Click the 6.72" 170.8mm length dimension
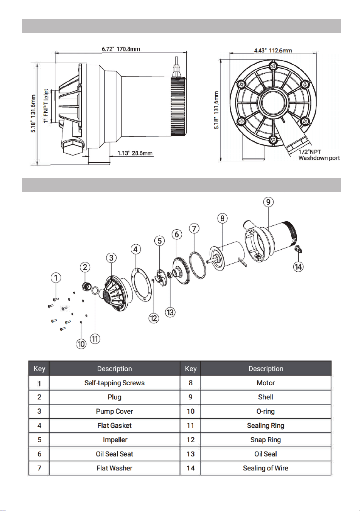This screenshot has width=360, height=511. tap(121, 49)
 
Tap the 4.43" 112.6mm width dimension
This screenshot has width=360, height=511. tap(273, 50)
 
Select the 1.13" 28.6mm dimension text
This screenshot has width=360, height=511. tap(135, 153)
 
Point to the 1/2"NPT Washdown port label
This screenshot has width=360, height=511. tap(319, 155)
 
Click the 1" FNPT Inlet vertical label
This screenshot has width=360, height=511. tap(46, 106)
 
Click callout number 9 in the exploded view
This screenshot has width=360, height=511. tap(268, 202)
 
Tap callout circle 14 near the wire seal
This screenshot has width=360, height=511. tap(299, 266)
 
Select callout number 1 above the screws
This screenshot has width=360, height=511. tap(56, 277)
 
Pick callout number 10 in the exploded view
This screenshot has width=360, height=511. tap(81, 344)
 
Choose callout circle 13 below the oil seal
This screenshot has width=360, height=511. tap(170, 312)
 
